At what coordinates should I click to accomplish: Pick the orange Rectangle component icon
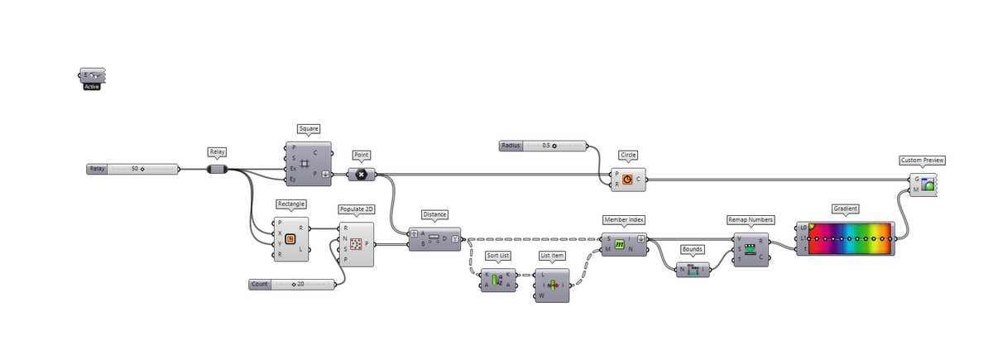(290, 239)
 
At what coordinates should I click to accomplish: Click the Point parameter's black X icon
(362, 174)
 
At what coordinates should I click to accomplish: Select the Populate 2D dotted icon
(357, 244)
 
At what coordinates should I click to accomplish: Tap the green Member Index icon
(619, 244)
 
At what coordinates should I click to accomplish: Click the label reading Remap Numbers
(751, 220)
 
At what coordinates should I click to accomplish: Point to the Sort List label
(497, 256)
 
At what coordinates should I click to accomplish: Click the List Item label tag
(551, 256)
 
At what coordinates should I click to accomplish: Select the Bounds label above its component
(693, 249)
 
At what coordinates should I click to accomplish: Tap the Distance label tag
(434, 214)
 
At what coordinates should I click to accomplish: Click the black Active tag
(92, 86)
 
